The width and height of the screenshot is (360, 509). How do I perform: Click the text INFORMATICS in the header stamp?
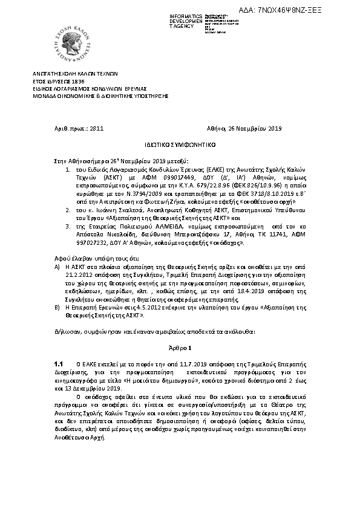point(169,16)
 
